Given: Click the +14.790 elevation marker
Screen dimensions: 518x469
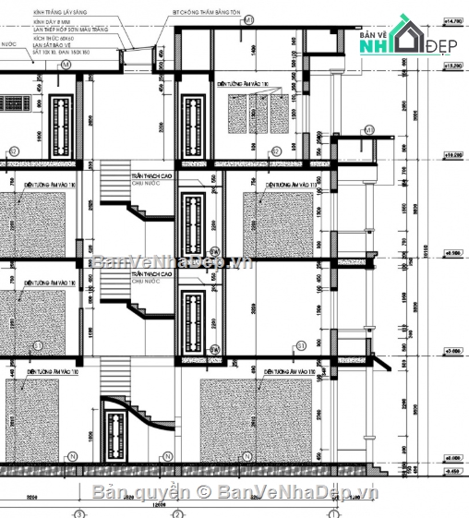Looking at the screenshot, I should (452, 19).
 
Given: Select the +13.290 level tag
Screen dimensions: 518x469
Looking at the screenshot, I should (452, 66).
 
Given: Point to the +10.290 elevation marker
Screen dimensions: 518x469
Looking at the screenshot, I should (452, 156).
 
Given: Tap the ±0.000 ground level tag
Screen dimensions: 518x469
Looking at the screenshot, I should (452, 457).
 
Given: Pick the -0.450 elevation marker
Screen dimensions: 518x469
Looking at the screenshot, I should (452, 468).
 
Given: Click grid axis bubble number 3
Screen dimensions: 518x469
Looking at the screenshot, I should (78, 512).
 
